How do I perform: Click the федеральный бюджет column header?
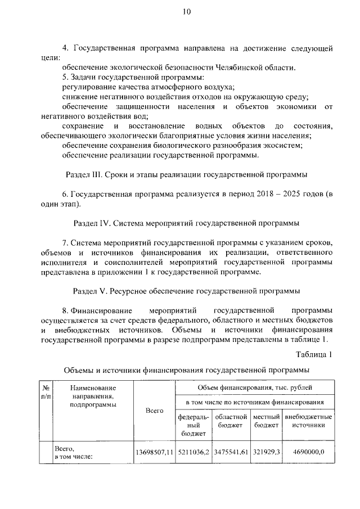(x=193, y=425)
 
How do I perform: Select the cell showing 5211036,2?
(x=193, y=452)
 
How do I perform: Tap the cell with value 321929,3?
(x=266, y=452)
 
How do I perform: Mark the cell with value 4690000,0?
(x=308, y=452)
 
